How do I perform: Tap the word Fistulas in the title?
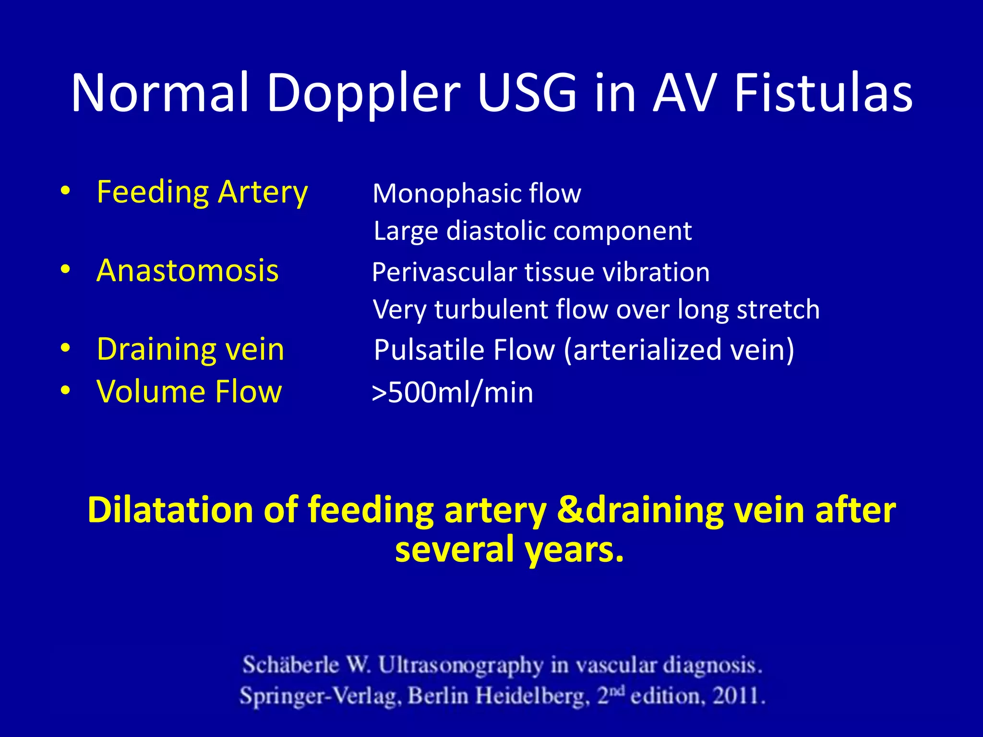click(x=823, y=94)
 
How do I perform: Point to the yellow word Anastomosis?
click(x=187, y=271)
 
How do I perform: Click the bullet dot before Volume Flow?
click(x=66, y=391)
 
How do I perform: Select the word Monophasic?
click(x=446, y=194)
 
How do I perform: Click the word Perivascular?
click(x=444, y=273)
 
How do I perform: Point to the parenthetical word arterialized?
click(x=647, y=350)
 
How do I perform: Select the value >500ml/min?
click(x=452, y=393)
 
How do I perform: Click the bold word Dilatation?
click(x=170, y=510)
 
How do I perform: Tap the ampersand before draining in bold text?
click(x=569, y=510)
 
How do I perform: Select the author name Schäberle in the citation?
click(x=290, y=666)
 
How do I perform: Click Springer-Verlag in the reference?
click(x=319, y=696)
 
